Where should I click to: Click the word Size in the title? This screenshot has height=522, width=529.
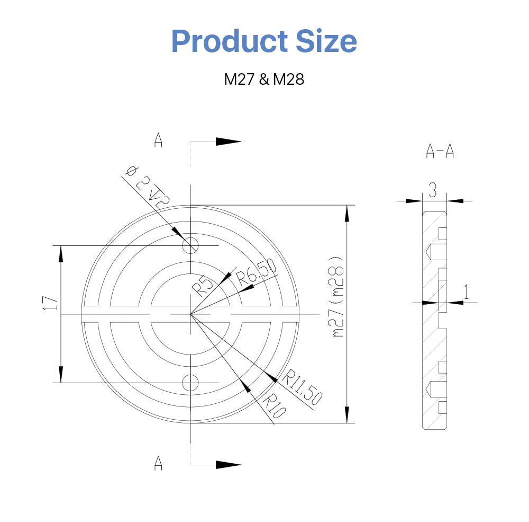[326, 41]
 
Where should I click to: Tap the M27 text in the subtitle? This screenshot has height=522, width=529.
[239, 79]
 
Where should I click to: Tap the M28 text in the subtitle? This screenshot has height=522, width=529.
[289, 79]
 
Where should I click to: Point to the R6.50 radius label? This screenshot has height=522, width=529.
[257, 273]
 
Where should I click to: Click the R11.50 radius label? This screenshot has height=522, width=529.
[302, 388]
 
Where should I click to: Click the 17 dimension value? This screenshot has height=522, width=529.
[50, 303]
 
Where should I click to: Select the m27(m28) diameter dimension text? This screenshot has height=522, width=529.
[338, 297]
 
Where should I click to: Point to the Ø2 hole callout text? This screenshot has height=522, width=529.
[146, 185]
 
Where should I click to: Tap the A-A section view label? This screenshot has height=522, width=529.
[440, 152]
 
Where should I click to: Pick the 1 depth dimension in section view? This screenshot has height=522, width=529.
[466, 291]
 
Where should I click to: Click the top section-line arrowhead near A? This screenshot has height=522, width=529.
[228, 141]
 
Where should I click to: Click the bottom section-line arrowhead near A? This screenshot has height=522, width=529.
[228, 464]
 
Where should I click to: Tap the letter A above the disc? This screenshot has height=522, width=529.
[158, 140]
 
